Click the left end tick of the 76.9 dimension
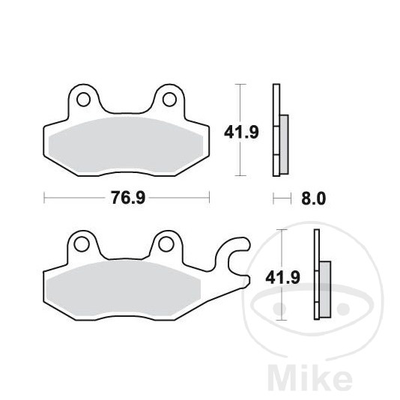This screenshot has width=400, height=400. (45, 199)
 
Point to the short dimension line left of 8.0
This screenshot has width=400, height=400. (281, 199)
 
